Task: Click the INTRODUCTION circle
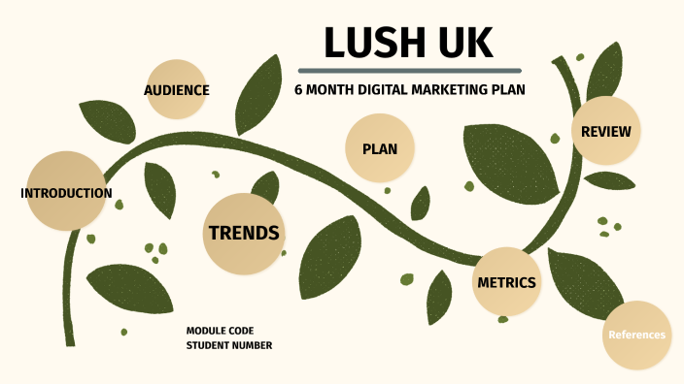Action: [65, 191]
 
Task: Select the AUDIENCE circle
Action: [176, 90]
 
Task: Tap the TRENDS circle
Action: [244, 233]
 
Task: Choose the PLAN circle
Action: [374, 148]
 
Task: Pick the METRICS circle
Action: [506, 282]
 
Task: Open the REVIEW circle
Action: [605, 131]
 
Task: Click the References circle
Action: [636, 335]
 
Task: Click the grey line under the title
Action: [409, 70]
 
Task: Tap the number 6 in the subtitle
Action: [298, 90]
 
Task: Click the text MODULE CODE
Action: [220, 331]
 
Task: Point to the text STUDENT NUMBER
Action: [229, 345]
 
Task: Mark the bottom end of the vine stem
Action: [69, 341]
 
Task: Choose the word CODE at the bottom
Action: [240, 331]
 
